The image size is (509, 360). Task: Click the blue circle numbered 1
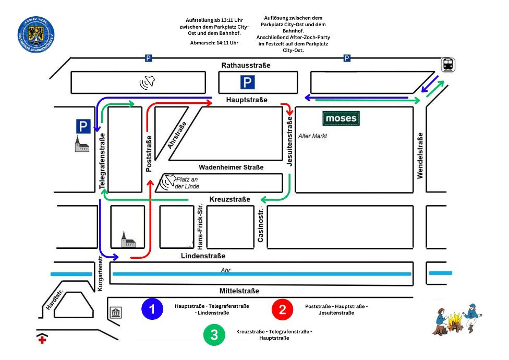coord(152,309)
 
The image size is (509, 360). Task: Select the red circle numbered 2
coord(282,309)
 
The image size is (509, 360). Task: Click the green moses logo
coord(341,119)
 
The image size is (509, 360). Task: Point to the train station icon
coord(447,64)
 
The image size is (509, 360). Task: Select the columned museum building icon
coord(116,313)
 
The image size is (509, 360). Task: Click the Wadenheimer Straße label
coord(231,167)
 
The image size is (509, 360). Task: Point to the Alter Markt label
coord(312,136)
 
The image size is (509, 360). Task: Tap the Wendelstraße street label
coord(420,155)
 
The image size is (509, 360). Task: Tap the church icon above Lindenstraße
coord(128,239)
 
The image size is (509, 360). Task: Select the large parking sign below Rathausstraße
coord(247,82)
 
